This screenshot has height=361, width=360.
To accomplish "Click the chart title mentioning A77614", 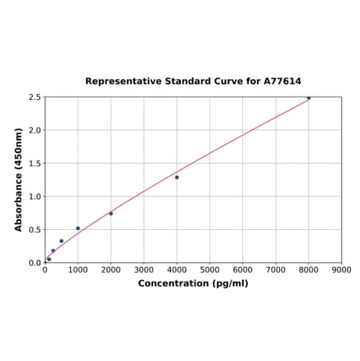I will click(193, 82).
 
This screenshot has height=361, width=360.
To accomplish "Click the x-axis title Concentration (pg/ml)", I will click(193, 283).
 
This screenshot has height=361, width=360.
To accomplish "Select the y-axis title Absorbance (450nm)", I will click(19, 179).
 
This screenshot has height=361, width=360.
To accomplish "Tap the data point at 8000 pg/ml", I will click(308, 98).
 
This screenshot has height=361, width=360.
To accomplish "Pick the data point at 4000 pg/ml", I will click(177, 177).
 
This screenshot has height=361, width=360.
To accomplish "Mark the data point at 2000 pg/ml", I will click(111, 214).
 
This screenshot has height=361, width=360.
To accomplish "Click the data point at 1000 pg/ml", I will click(78, 228).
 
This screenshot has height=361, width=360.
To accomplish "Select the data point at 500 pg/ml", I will click(61, 241).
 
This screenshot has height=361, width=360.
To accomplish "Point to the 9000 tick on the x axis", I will click(341, 269).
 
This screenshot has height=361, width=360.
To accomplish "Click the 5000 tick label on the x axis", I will click(209, 269).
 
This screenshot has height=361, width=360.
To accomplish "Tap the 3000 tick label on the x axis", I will click(144, 269).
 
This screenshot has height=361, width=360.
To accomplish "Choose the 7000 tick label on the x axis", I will click(276, 269).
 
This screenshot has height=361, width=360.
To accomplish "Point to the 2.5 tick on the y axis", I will click(35, 97).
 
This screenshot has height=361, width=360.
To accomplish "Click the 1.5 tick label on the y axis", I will click(35, 164).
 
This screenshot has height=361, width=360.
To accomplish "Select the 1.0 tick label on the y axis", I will click(35, 196).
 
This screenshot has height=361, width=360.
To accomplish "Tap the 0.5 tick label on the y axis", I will click(35, 230).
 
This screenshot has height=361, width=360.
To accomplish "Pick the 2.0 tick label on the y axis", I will click(35, 130).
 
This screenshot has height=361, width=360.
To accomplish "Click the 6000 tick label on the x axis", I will click(243, 269).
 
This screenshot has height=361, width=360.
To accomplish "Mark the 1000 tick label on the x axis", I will click(78, 269).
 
